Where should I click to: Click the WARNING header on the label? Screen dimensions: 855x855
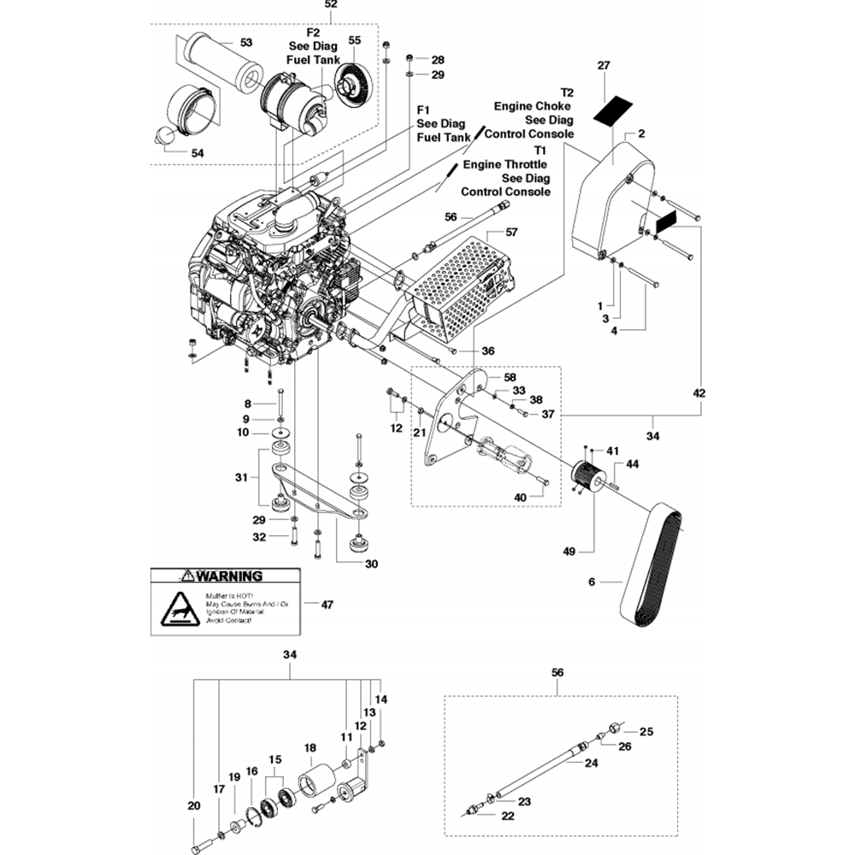(x=226, y=576)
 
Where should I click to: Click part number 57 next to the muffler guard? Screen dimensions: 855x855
(x=511, y=232)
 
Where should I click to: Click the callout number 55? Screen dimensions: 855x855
(x=355, y=40)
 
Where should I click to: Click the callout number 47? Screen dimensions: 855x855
(x=327, y=604)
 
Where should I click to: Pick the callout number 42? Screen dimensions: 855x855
(x=699, y=393)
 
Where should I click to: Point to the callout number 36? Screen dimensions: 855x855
(x=488, y=351)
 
